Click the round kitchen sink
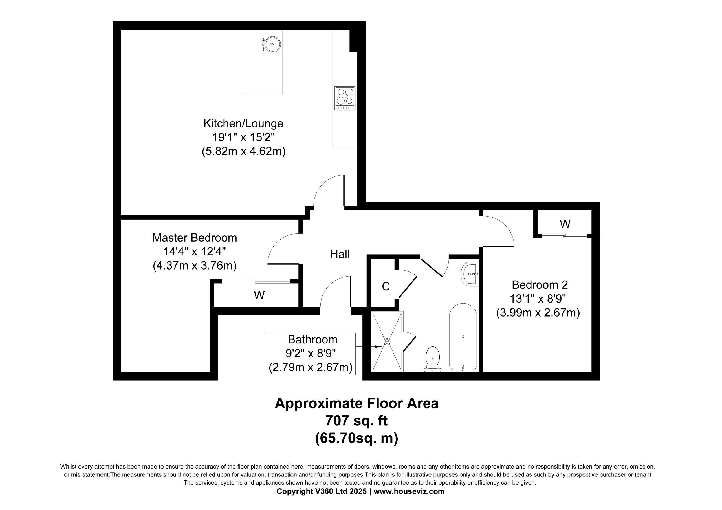272,44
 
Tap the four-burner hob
345,98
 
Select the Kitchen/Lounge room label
243,123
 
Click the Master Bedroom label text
195,238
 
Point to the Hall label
340,254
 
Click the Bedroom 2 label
540,284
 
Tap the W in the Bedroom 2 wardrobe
565,224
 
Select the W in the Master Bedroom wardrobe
259,295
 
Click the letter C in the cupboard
386,286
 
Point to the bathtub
463,336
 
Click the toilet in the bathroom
433,359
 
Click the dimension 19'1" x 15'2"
243,137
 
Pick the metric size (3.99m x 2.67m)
538,313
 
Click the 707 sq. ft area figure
356,420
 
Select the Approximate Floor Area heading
356,403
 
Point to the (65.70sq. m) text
356,438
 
